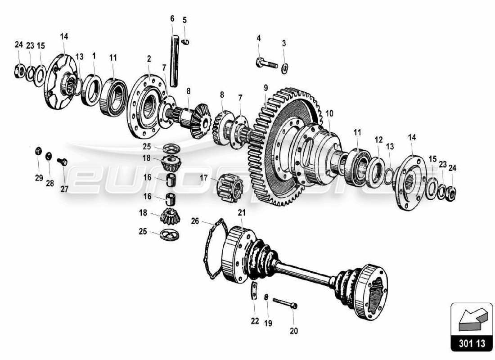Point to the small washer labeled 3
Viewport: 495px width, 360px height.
click(284, 68)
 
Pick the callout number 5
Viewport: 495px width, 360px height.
click(184, 20)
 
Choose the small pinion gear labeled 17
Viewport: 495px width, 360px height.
click(230, 184)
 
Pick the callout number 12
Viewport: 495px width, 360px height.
click(378, 139)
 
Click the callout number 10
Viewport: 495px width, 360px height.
click(329, 113)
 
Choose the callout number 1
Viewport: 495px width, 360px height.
click(94, 56)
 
